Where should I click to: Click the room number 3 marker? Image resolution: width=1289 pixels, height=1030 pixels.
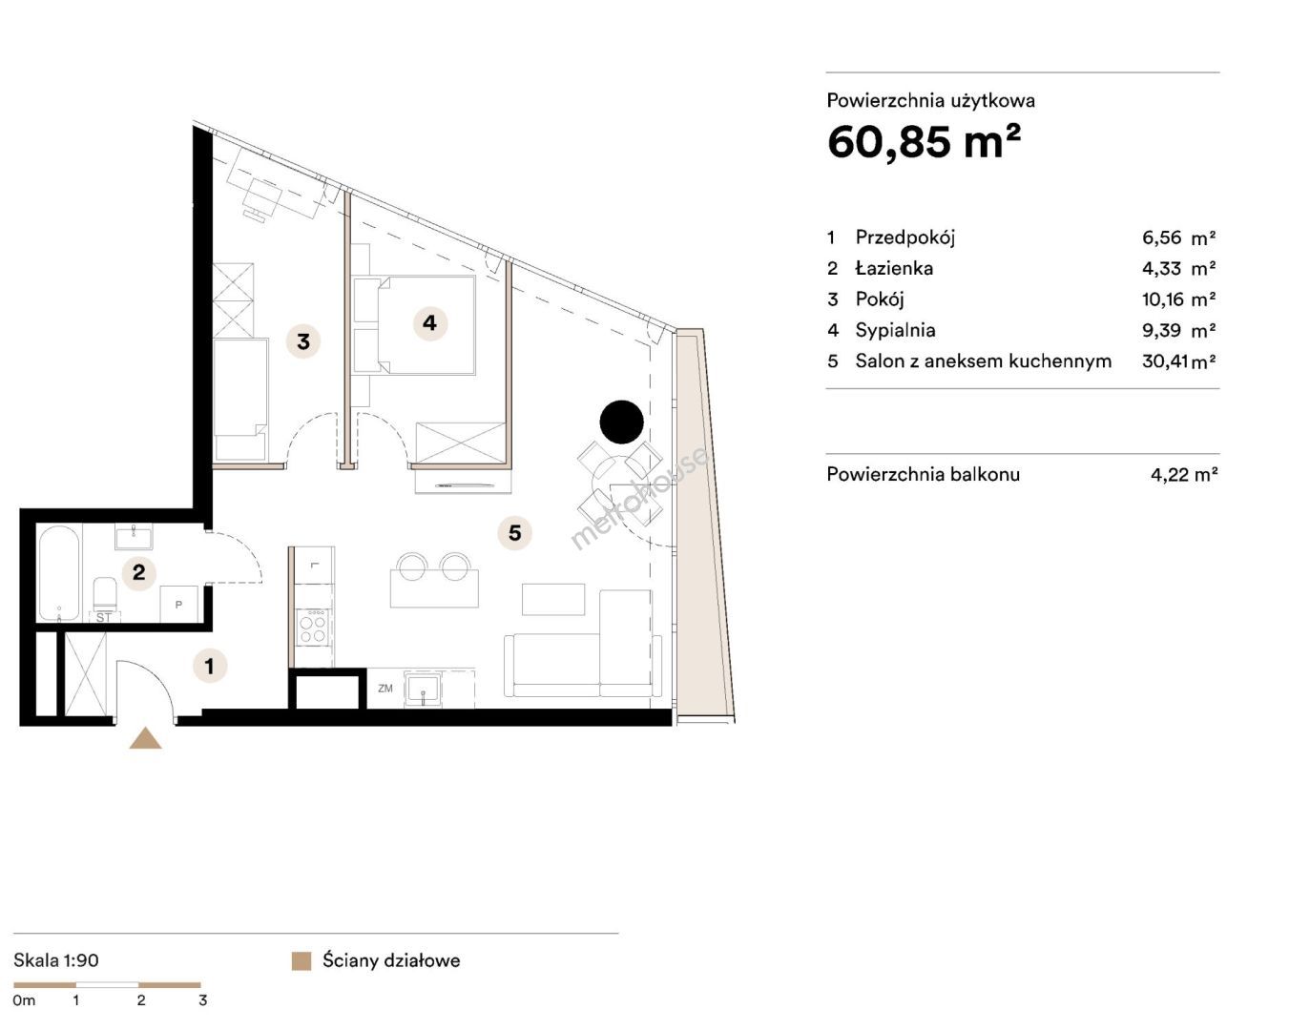click(303, 341)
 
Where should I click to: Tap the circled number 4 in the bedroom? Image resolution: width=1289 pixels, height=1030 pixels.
click(430, 323)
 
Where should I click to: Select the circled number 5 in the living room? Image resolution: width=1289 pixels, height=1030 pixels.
click(515, 532)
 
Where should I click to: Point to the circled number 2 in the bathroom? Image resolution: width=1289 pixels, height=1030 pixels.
click(139, 572)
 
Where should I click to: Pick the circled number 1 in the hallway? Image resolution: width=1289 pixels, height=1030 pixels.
click(210, 666)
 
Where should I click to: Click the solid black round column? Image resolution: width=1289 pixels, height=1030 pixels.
click(621, 422)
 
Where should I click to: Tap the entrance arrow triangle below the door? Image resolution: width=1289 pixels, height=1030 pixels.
click(146, 738)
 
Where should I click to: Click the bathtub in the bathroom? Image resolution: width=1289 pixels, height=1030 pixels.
click(59, 574)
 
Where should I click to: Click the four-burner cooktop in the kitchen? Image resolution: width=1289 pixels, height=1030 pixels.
click(312, 628)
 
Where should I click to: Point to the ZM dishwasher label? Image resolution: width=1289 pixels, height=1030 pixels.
click(385, 689)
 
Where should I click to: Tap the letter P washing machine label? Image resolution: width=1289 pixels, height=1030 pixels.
click(178, 605)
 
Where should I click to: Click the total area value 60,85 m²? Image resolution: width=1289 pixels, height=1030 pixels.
click(924, 142)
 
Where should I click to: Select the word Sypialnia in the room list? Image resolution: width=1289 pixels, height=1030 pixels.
click(895, 330)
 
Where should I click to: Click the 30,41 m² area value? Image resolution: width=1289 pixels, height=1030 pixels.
click(1178, 361)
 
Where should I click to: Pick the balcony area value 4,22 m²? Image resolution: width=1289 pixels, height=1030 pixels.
click(1184, 474)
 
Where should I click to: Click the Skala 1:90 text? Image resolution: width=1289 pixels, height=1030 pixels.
click(55, 960)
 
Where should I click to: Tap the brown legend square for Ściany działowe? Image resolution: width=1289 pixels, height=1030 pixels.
click(301, 960)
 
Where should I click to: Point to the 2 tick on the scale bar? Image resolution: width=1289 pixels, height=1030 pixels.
click(141, 999)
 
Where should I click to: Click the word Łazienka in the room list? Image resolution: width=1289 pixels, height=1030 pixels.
click(894, 268)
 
